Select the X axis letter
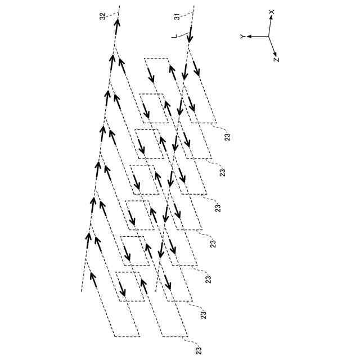[x=271, y=11]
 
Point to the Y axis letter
[x=242, y=37]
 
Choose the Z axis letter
[x=277, y=58]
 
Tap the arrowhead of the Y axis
[x=249, y=37]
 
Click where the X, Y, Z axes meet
[x=268, y=37]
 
